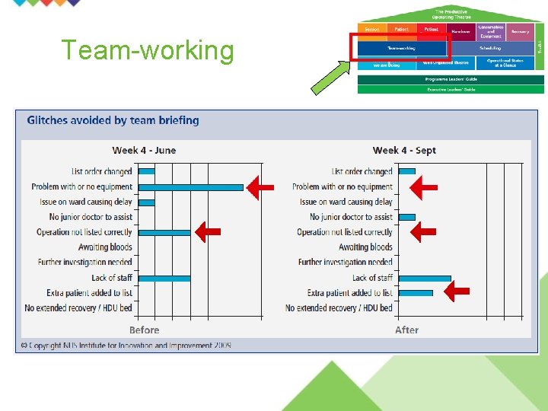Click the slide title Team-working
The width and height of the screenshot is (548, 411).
pyautogui.click(x=148, y=50)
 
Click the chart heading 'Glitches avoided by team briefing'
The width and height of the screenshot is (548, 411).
pyautogui.click(x=113, y=120)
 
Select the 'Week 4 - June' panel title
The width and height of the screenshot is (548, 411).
pyautogui.click(x=144, y=150)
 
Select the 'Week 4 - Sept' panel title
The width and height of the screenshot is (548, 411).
pyautogui.click(x=404, y=150)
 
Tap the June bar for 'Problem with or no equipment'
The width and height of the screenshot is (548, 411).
pyautogui.click(x=191, y=186)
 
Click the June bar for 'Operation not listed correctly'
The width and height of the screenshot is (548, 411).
pyautogui.click(x=164, y=232)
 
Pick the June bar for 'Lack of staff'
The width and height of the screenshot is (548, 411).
pyautogui.click(x=164, y=278)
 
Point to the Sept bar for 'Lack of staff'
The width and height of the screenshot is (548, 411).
pyautogui.click(x=425, y=278)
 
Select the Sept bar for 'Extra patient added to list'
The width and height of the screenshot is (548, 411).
pyautogui.click(x=416, y=293)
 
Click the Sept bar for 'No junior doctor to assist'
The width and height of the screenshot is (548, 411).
pyautogui.click(x=407, y=217)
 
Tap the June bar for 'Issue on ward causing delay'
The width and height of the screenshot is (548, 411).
pyautogui.click(x=147, y=202)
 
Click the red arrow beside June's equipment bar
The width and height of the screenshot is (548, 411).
pyautogui.click(x=261, y=187)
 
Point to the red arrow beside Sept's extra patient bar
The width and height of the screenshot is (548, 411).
pyautogui.click(x=457, y=292)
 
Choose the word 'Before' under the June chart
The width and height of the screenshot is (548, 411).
pyautogui.click(x=144, y=330)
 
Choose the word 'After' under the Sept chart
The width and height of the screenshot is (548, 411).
pyautogui.click(x=406, y=330)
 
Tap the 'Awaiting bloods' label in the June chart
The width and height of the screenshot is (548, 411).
pyautogui.click(x=105, y=247)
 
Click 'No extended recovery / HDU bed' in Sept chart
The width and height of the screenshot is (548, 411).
pyautogui.click(x=339, y=308)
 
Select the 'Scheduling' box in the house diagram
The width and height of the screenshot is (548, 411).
pyautogui.click(x=489, y=48)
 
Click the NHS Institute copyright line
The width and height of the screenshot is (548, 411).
pyautogui.click(x=126, y=346)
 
